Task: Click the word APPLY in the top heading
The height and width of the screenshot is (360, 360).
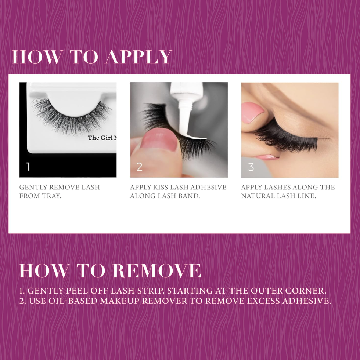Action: pos(138,57)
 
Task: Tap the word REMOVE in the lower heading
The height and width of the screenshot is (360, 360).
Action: pos(157,271)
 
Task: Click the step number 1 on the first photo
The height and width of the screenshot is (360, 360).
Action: pos(28,167)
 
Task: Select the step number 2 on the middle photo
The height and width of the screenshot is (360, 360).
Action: pos(139,167)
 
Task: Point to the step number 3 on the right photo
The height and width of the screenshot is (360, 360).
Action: pos(251,167)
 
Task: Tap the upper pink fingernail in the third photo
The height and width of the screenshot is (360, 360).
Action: pos(253,113)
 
